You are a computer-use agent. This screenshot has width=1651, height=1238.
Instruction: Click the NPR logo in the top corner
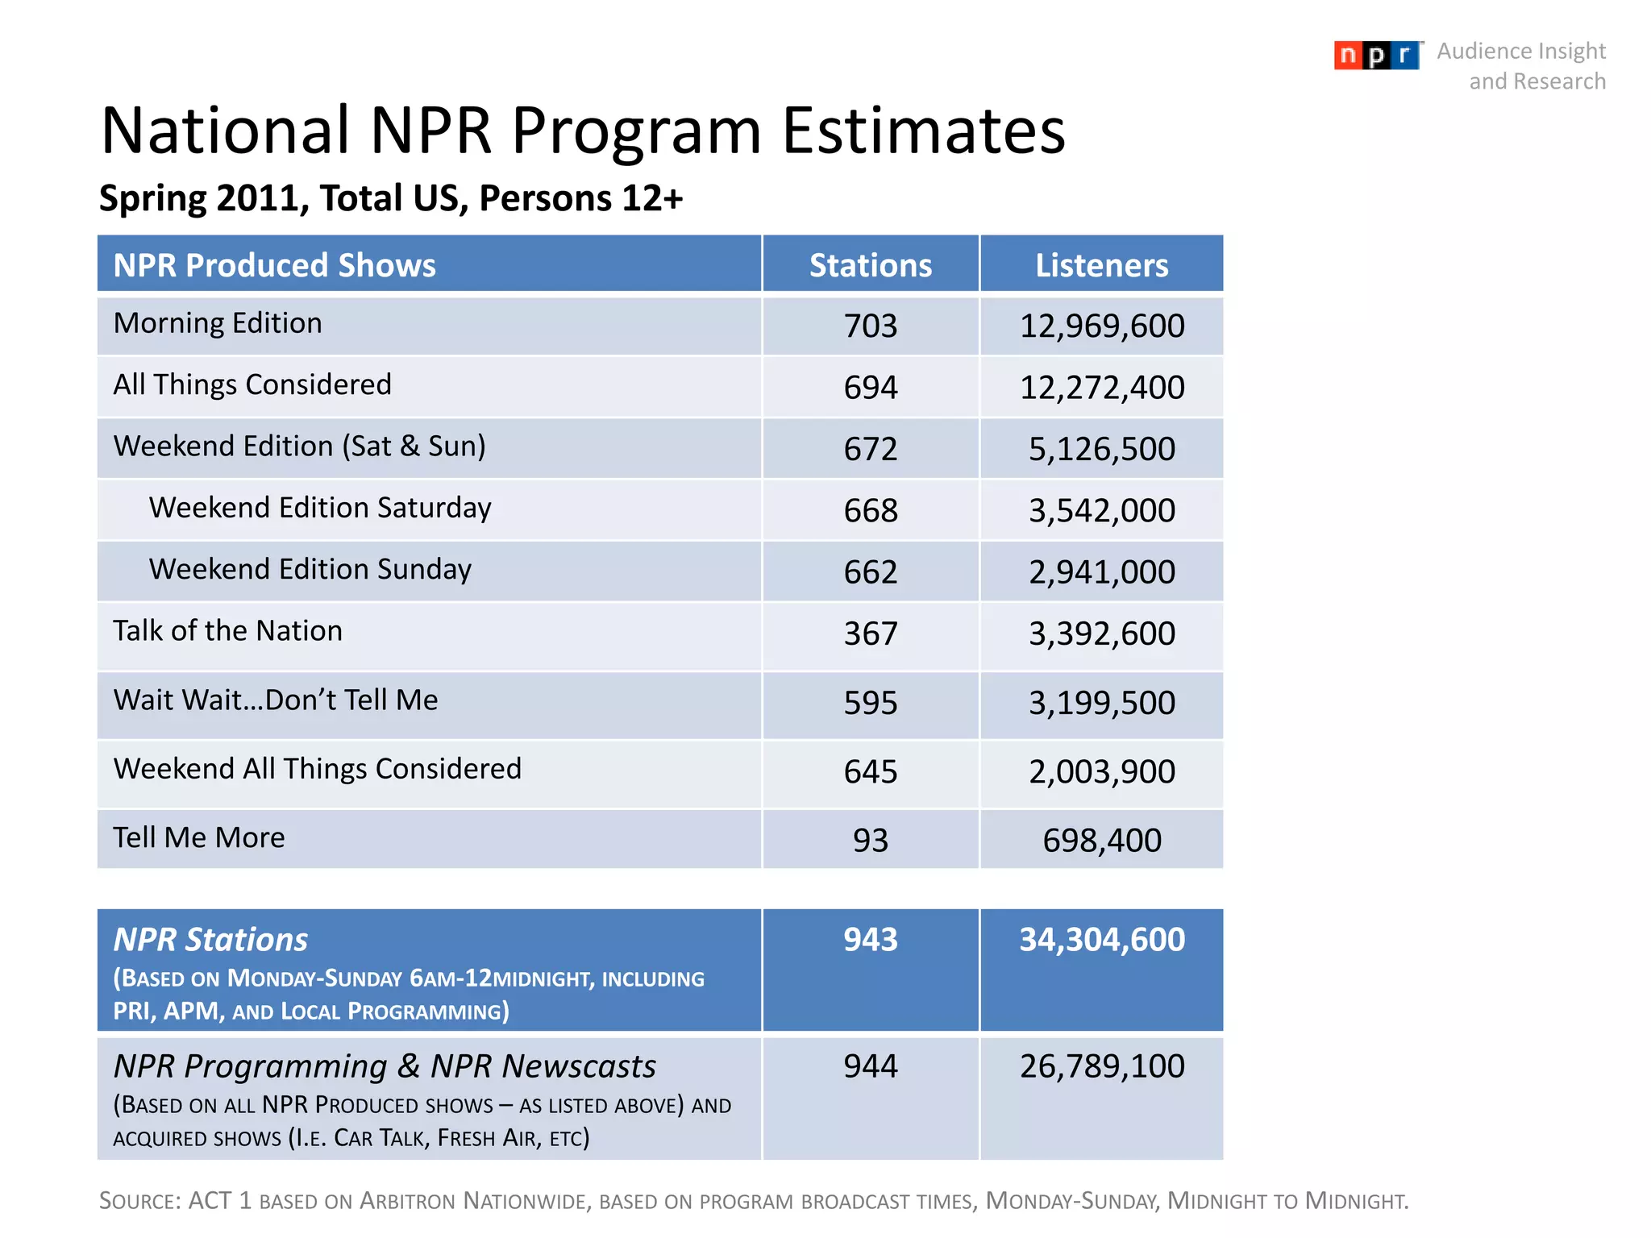coord(1376,55)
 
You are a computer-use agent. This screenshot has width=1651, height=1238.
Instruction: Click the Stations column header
coord(870,265)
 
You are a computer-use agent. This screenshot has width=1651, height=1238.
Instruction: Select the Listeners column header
coord(1101,265)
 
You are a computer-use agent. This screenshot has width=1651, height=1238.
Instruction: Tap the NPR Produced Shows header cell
coord(274,265)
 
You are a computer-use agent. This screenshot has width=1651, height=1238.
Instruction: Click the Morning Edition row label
coord(218,323)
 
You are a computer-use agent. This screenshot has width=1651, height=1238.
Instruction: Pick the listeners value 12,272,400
coord(1101,388)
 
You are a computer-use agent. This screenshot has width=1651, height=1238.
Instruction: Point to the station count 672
coord(870,449)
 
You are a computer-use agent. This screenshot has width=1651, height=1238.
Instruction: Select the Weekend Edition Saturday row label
coord(320,508)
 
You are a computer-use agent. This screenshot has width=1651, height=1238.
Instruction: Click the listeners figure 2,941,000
coord(1101,572)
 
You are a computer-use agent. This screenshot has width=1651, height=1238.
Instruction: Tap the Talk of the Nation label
coord(227,630)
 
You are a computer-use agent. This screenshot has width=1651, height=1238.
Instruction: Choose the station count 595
coord(870,703)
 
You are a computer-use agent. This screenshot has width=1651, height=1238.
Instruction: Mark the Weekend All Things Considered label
coord(317,769)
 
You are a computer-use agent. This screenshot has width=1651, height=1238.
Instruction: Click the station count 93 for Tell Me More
coord(870,841)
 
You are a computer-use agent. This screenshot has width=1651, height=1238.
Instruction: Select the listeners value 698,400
coord(1101,841)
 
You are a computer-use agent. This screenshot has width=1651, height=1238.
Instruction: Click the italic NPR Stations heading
coord(210,940)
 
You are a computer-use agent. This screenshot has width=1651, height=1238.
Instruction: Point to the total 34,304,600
coord(1101,940)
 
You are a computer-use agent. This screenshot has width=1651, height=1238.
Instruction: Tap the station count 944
coord(870,1066)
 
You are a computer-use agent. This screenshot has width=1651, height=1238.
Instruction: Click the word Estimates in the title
coord(923,131)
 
